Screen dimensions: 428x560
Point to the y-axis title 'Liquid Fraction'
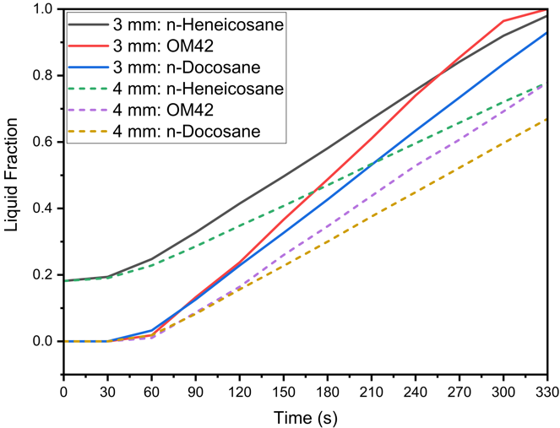tap(14, 175)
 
